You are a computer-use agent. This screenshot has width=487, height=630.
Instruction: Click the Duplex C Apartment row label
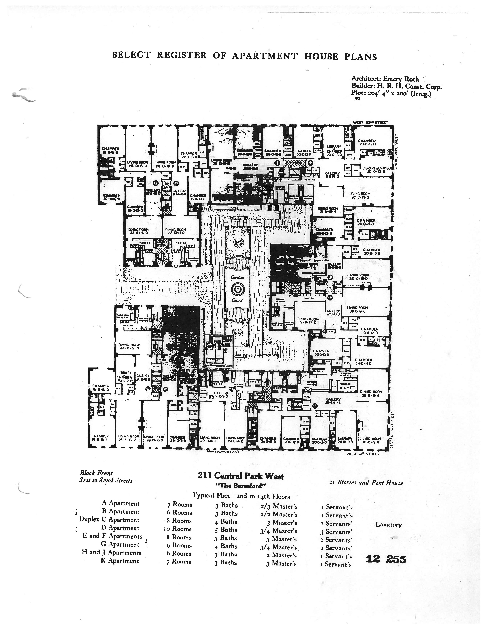(x=109, y=520)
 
